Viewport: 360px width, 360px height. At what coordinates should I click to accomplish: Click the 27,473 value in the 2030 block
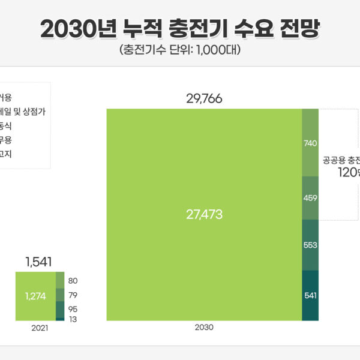click(x=204, y=214)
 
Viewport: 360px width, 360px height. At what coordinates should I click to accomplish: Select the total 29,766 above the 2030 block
click(x=204, y=99)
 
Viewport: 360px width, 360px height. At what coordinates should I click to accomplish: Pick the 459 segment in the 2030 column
click(x=310, y=198)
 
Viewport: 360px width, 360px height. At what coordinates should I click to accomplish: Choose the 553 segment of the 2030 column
click(x=310, y=245)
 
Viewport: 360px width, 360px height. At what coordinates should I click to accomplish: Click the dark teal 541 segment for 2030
click(x=310, y=295)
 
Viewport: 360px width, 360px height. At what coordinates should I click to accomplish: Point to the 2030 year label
click(x=204, y=328)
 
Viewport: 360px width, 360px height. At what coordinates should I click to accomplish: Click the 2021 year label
click(x=40, y=328)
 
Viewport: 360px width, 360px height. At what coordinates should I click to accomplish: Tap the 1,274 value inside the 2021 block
click(x=35, y=295)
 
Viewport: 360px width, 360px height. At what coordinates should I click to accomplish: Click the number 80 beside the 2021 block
click(x=73, y=281)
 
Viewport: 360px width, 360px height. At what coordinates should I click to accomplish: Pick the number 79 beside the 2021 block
click(x=73, y=295)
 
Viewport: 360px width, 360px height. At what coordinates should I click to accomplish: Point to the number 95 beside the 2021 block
click(x=73, y=309)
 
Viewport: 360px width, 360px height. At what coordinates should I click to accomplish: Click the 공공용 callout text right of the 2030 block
click(x=334, y=160)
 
